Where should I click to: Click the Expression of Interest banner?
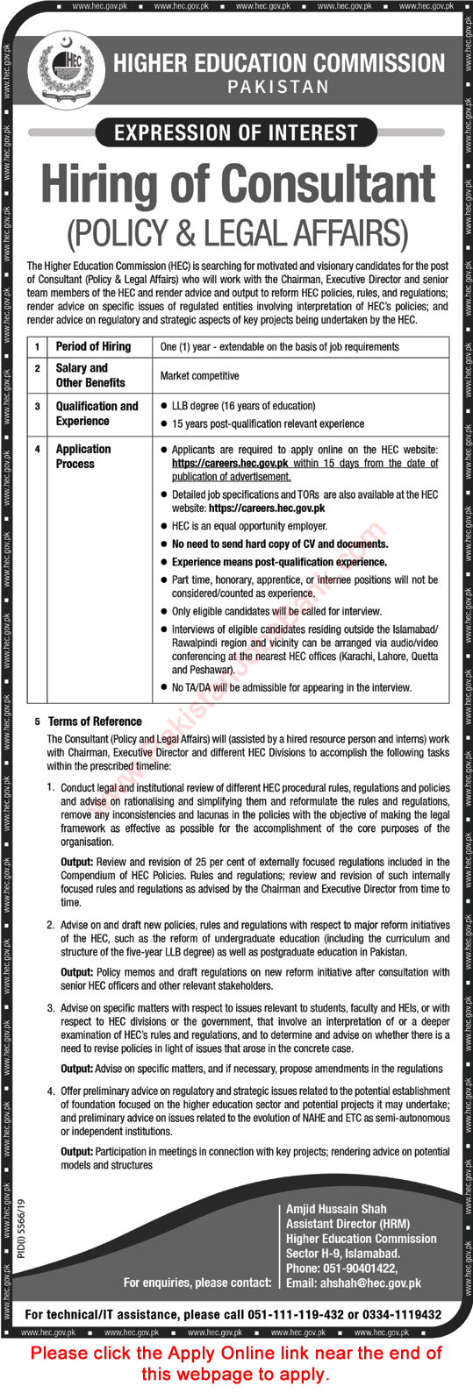coord(236,133)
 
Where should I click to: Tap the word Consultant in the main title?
coord(328,185)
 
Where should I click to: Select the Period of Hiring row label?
coord(93,346)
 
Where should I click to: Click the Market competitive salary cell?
coord(199,375)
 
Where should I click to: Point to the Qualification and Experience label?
coord(97,413)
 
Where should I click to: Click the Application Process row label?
coord(83,456)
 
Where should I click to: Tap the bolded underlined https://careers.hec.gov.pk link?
coord(230,463)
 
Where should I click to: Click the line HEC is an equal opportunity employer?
coord(249,526)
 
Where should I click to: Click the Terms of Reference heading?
coord(95,721)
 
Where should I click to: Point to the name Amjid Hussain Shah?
coord(336,1209)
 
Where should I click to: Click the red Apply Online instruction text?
coord(236,1363)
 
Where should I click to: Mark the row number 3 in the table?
coord(38,406)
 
